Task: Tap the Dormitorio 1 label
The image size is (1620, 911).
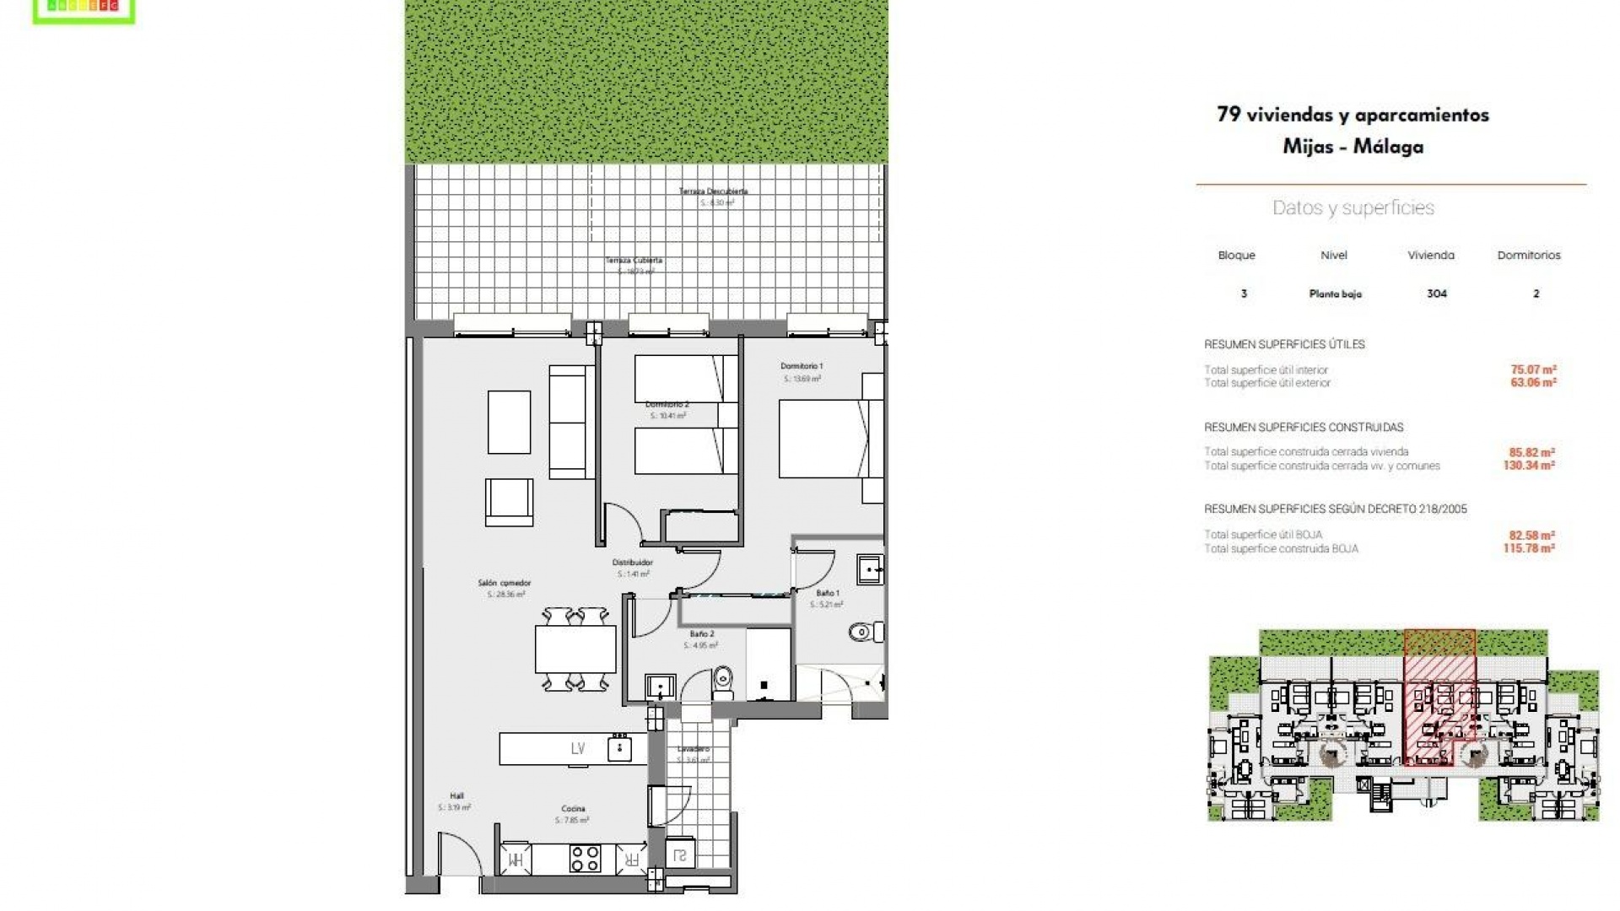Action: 801,367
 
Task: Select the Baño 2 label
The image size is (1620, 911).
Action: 701,634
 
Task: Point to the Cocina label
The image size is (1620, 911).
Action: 573,809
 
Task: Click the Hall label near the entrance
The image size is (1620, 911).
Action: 456,796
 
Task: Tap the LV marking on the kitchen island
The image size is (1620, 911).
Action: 578,748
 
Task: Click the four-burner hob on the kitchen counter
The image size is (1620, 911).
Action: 585,859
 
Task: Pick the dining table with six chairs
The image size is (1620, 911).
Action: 575,650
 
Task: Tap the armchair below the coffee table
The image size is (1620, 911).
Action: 509,502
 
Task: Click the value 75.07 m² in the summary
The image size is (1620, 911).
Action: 1532,369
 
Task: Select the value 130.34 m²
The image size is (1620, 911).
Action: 1528,466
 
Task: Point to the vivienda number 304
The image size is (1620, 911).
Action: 1436,294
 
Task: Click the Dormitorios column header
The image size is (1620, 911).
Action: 1528,256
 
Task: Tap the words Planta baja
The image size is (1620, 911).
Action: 1335,294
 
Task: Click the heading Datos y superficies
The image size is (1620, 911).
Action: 1353,208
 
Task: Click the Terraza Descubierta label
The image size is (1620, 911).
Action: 713,191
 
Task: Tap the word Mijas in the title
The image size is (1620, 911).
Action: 1307,147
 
